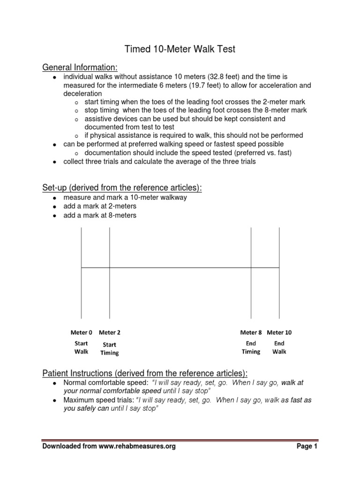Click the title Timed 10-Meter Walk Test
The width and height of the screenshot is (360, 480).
180,49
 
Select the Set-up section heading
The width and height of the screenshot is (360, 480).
122,187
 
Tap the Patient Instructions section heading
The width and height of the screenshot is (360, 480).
145,373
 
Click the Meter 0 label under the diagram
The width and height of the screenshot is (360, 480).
82,332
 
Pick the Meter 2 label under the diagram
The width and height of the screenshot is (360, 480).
110,332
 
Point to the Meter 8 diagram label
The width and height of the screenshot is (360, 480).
251,332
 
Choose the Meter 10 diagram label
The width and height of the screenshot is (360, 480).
279,332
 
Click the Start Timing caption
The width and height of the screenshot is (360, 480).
110,349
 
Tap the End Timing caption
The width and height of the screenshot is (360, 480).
251,347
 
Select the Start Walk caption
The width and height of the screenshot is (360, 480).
81,347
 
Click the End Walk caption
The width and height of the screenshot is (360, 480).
279,347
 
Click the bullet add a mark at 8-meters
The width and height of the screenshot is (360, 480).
100,215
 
